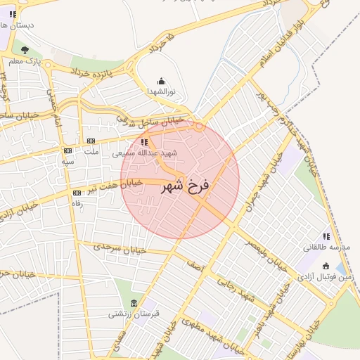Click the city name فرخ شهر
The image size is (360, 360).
click(x=185, y=186)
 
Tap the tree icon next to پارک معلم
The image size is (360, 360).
click(x=25, y=50)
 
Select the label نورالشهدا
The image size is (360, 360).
click(x=162, y=92)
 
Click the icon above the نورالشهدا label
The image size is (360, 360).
click(x=162, y=81)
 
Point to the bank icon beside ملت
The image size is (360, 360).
click(x=91, y=141)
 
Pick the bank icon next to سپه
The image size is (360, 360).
click(x=67, y=150)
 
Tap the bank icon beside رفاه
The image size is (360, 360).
click(x=77, y=193)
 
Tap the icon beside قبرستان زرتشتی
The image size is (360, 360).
click(x=134, y=303)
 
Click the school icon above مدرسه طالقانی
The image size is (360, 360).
click(x=326, y=236)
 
